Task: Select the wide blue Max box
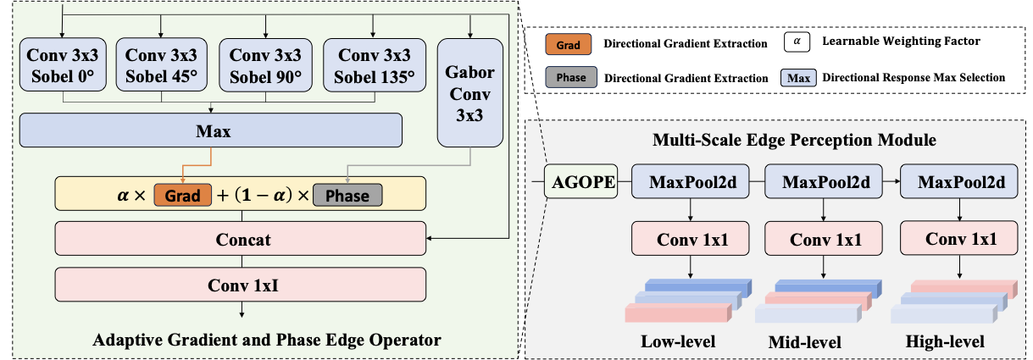pyautogui.click(x=211, y=132)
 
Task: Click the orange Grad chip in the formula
pyautogui.click(x=182, y=196)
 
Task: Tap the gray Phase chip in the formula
pyautogui.click(x=347, y=196)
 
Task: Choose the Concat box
pyautogui.click(x=242, y=240)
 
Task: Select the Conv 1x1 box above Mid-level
pyautogui.click(x=823, y=240)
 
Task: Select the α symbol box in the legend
pyautogui.click(x=797, y=40)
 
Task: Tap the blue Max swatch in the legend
pyautogui.click(x=797, y=77)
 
